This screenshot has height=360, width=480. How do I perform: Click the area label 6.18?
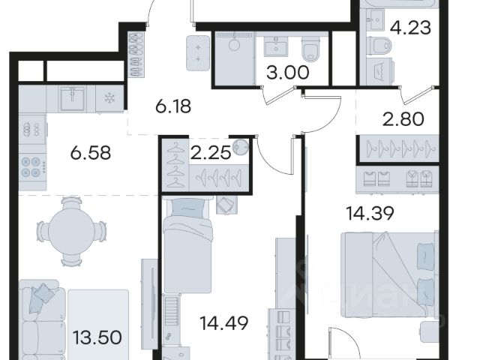tap(173, 106)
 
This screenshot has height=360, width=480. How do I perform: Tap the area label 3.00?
tap(288, 73)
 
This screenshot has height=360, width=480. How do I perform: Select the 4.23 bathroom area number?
tap(410, 28)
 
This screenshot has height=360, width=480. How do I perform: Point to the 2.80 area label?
tap(403, 119)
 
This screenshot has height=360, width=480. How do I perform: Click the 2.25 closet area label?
tap(210, 152)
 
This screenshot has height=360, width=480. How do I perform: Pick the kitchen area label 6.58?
tap(90, 153)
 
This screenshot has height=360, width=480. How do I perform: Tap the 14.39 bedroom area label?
tap(370, 213)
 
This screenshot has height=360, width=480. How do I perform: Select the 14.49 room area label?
tap(223, 323)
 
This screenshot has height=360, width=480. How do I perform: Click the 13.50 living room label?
tap(97, 337)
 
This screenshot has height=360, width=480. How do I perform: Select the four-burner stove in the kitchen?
tap(31, 167)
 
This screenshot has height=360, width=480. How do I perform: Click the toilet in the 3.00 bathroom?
tap(310, 49)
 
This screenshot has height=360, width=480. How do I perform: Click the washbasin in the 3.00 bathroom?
tap(276, 46)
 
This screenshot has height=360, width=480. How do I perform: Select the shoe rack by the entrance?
tap(136, 53)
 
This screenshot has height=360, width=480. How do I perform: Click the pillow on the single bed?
tap(188, 208)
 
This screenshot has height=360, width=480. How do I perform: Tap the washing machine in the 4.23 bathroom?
tap(379, 71)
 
